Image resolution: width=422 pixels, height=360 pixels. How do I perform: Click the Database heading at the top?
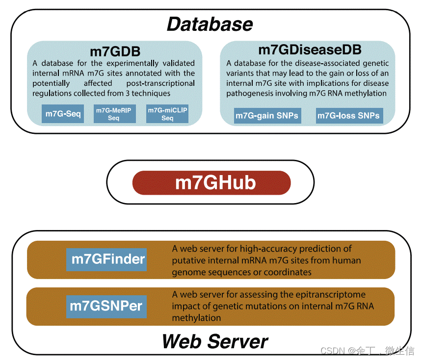210,24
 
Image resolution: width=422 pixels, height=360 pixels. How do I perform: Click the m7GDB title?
115,51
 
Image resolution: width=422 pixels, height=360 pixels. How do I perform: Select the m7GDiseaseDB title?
310,50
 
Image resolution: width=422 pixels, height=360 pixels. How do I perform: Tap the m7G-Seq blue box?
63,114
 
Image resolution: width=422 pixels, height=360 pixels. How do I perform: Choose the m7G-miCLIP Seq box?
167,114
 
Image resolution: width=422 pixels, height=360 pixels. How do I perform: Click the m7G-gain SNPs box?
267,116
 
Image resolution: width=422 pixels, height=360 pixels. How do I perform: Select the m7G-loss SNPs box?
348,116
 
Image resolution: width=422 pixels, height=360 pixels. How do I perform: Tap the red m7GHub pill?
211,183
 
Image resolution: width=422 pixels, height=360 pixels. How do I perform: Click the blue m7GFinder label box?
107,259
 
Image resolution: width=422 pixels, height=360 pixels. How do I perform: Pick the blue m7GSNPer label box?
106,306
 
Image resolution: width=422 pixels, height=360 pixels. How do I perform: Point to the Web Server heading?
215,341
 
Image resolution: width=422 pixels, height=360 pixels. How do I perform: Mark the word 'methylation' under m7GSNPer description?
196,318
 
